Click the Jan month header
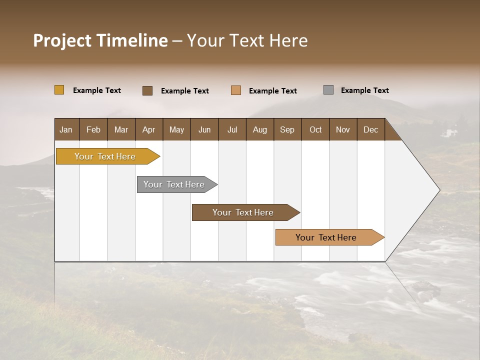pyautogui.click(x=66, y=129)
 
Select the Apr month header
pyautogui.click(x=148, y=129)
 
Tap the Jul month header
pyautogui.click(x=232, y=129)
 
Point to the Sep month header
pyautogui.click(x=287, y=129)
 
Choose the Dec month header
pyautogui.click(x=370, y=129)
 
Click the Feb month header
pyautogui.click(x=93, y=129)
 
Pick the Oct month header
pyautogui.click(x=315, y=129)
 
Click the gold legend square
pyautogui.click(x=59, y=90)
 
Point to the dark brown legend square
pyautogui.click(x=147, y=90)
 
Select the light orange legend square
pyautogui.click(x=236, y=90)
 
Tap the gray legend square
pyautogui.click(x=328, y=90)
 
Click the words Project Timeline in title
pyautogui.click(x=100, y=40)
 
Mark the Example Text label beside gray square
pyautogui.click(x=364, y=90)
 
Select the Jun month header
pyautogui.click(x=204, y=129)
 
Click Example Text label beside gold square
pyautogui.click(x=97, y=90)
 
